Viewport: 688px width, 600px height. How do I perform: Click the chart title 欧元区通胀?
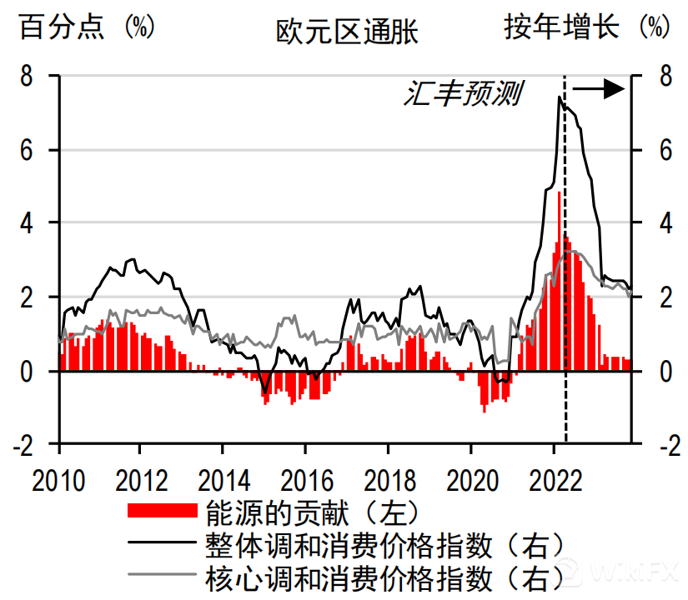pyautogui.click(x=347, y=32)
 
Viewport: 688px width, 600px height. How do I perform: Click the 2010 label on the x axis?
pyautogui.click(x=59, y=481)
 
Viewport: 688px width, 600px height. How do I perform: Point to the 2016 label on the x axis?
pyautogui.click(x=304, y=481)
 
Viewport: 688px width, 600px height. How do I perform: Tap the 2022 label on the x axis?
pyautogui.click(x=552, y=481)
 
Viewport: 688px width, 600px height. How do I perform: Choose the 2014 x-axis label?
pyautogui.click(x=222, y=481)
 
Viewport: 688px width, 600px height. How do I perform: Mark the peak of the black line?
pyautogui.click(x=560, y=97)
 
